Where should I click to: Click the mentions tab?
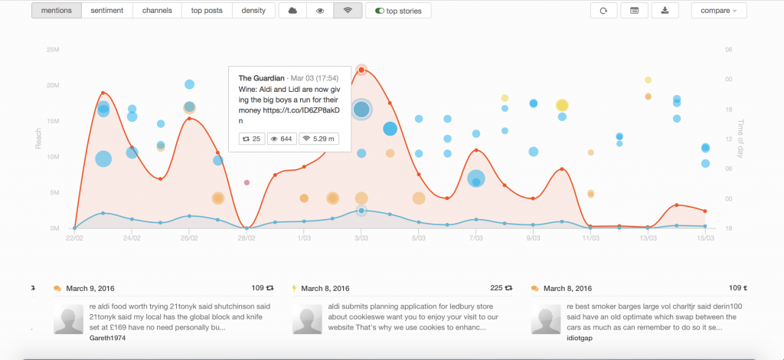pyautogui.click(x=56, y=11)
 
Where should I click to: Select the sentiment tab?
pyautogui.click(x=109, y=11)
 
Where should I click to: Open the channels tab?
pyautogui.click(x=157, y=11)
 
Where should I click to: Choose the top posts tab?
pyautogui.click(x=206, y=11)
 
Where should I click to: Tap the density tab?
pyautogui.click(x=253, y=11)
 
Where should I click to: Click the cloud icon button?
pyautogui.click(x=292, y=11)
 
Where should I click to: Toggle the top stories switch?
pyautogui.click(x=398, y=11)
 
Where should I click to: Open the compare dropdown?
pyautogui.click(x=718, y=11)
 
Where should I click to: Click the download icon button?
pyautogui.click(x=665, y=11)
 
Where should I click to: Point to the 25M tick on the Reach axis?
pyautogui.click(x=54, y=50)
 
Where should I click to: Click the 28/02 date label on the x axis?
pyautogui.click(x=247, y=238)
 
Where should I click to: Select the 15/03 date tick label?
pyautogui.click(x=705, y=238)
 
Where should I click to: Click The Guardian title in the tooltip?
pyautogui.click(x=261, y=78)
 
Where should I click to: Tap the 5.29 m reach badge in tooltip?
pyautogui.click(x=320, y=139)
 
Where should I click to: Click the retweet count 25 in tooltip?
pyautogui.click(x=252, y=139)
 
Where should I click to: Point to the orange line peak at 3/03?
pyautogui.click(x=361, y=70)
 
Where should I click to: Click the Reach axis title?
pyautogui.click(x=38, y=138)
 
